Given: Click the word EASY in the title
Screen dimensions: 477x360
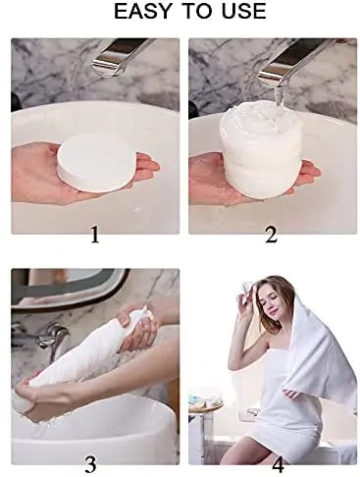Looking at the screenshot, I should pyautogui.click(x=144, y=13).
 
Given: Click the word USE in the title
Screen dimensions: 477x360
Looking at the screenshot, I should pyautogui.click(x=240, y=13).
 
